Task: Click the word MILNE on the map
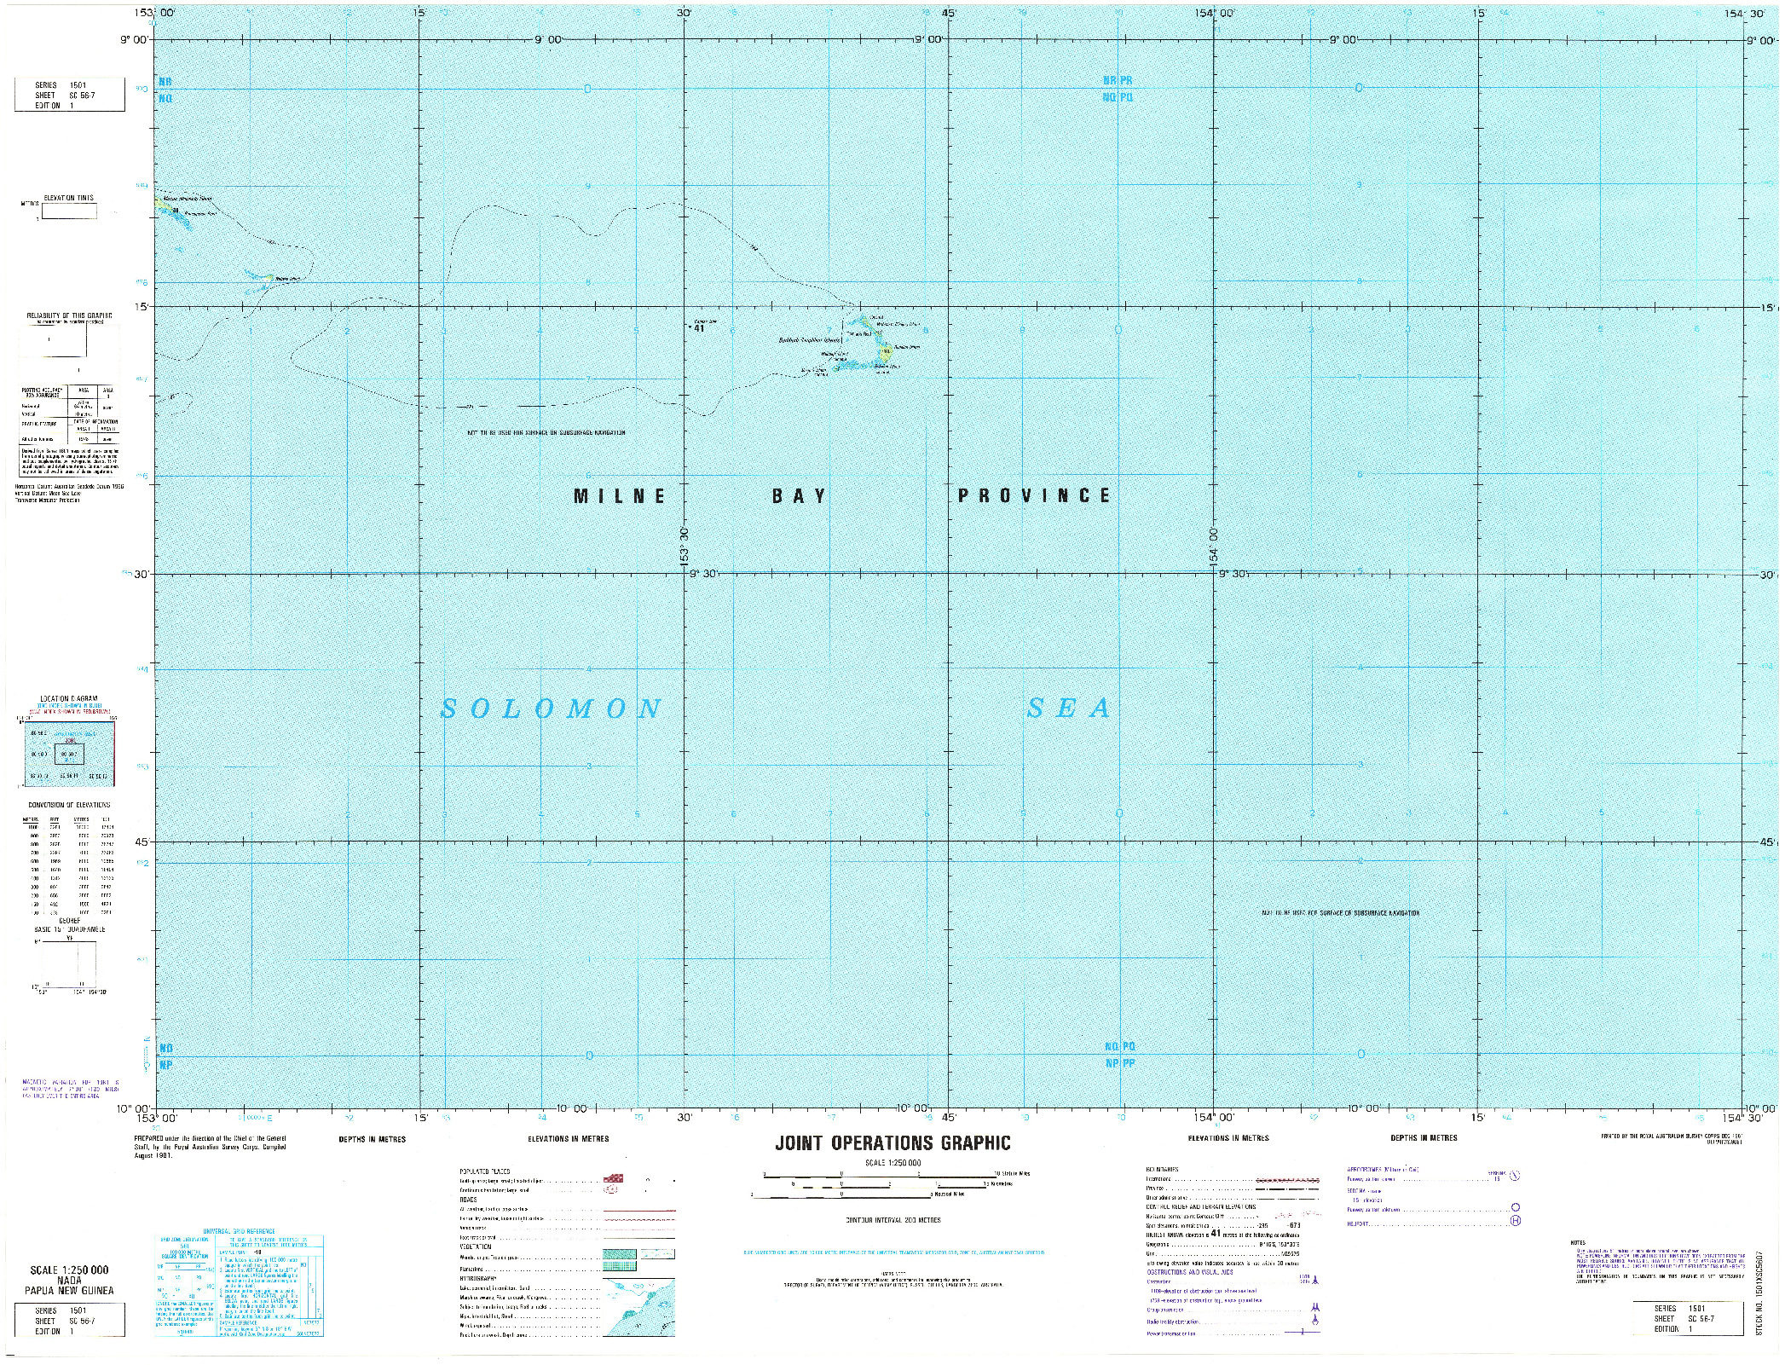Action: (620, 496)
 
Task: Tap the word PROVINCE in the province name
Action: (1034, 495)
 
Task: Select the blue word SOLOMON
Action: (552, 709)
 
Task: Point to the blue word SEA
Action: (1069, 708)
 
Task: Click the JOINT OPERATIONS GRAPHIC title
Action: (892, 1143)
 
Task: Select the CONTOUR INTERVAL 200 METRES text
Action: (892, 1220)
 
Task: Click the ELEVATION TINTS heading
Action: (69, 198)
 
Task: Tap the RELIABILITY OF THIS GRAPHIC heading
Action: (69, 315)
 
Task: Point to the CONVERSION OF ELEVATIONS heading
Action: (69, 805)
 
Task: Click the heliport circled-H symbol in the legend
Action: (1515, 1221)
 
